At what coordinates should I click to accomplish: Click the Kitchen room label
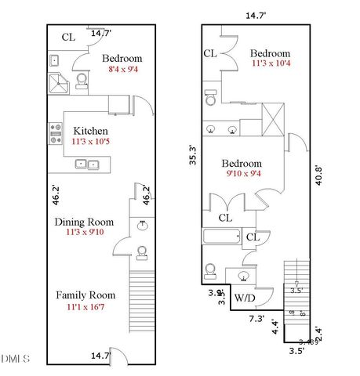click(x=90, y=131)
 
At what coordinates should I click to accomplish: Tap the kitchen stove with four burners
click(x=56, y=134)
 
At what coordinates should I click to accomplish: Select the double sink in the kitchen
click(x=86, y=164)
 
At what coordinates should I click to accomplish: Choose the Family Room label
click(x=85, y=295)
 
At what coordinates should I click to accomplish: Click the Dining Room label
click(x=84, y=222)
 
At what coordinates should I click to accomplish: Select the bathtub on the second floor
click(x=223, y=237)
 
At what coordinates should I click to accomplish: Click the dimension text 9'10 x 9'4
click(x=246, y=175)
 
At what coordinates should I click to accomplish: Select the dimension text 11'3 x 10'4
click(x=271, y=64)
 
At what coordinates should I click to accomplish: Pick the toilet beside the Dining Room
click(x=142, y=252)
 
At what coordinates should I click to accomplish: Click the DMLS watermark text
click(x=15, y=359)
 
